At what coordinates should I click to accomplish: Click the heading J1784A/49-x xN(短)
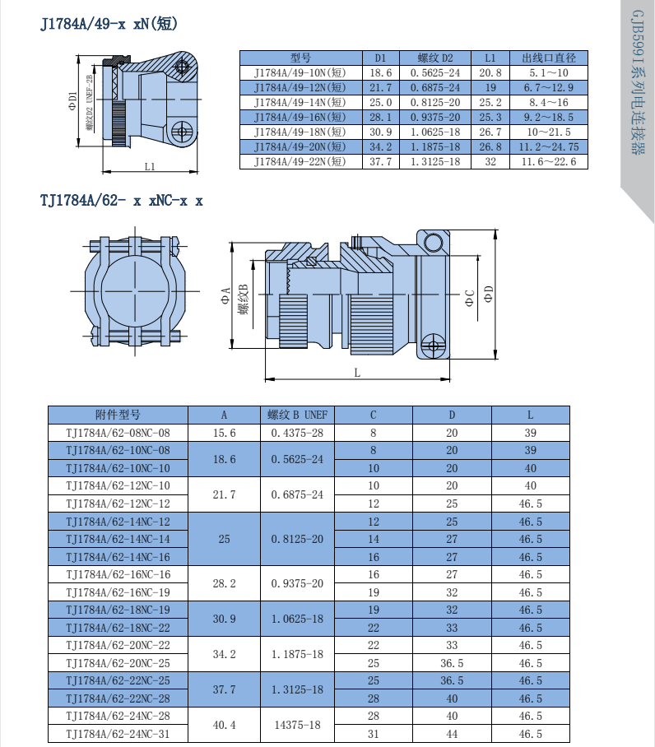click(x=109, y=23)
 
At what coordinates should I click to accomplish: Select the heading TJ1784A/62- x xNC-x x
click(x=122, y=201)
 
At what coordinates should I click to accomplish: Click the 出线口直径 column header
click(x=549, y=58)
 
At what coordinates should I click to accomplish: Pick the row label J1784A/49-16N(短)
click(x=300, y=117)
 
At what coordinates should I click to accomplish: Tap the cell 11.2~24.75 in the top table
click(x=549, y=146)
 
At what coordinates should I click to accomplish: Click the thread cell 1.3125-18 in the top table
click(x=435, y=161)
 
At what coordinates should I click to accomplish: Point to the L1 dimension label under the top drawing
click(x=150, y=166)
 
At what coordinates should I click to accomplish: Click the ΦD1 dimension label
click(x=72, y=101)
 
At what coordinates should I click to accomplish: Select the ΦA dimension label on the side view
click(x=225, y=295)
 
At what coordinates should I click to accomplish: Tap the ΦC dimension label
click(x=470, y=299)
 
